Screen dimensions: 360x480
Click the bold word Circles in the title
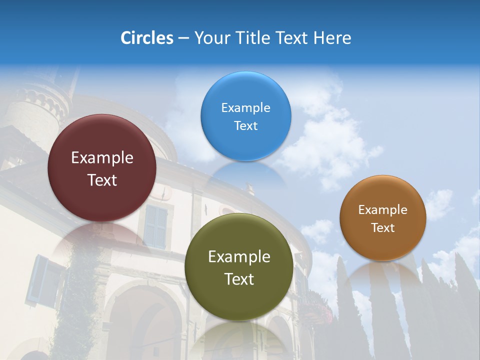[146, 38]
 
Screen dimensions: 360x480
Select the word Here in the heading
[332, 38]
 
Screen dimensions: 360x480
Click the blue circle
[245, 116]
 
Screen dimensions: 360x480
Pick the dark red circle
[102, 168]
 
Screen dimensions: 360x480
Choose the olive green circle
[239, 267]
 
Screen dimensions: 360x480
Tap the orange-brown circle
[382, 218]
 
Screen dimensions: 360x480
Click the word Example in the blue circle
[245, 107]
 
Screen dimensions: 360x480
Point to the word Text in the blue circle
[245, 125]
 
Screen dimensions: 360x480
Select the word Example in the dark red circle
[102, 158]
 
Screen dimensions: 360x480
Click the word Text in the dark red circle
[102, 180]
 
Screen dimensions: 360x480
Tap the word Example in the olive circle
[239, 257]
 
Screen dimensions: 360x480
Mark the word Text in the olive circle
[239, 279]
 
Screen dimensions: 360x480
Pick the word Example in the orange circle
[382, 209]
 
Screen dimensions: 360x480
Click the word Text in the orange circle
[382, 228]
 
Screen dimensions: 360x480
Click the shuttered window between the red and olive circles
[155, 226]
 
